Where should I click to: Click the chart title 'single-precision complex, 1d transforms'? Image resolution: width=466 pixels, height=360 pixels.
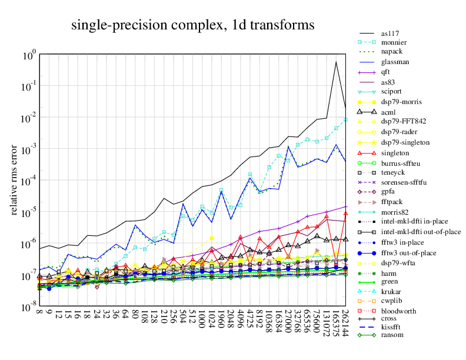[193, 25]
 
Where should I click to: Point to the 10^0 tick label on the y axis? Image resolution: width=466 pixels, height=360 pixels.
[29, 55]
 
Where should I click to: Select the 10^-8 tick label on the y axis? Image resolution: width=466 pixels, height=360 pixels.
[29, 308]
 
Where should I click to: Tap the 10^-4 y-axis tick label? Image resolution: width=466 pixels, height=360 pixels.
[29, 181]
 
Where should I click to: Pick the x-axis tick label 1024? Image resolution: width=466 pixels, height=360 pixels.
[212, 321]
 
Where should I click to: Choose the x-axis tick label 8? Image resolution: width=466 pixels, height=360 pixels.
[39, 314]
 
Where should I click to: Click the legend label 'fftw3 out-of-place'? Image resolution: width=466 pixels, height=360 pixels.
[409, 253]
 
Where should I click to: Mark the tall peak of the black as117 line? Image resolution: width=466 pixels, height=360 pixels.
[336, 62]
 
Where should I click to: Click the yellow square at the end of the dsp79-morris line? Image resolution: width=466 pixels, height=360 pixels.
[212, 238]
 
